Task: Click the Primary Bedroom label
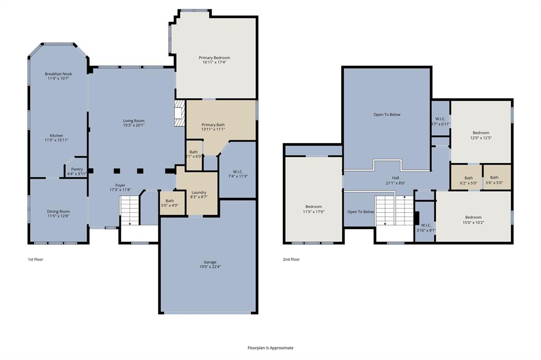(x=214, y=58)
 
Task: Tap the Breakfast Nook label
(x=58, y=74)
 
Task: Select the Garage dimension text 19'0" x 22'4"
(x=210, y=267)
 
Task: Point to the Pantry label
(x=77, y=169)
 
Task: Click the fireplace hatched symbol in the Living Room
(x=180, y=113)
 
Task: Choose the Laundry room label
(x=199, y=192)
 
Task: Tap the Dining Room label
(x=58, y=211)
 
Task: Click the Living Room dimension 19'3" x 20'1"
(x=133, y=126)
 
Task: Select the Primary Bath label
(x=213, y=125)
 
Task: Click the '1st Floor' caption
(x=36, y=259)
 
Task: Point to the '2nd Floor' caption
(x=291, y=259)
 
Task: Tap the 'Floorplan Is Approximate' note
(x=270, y=348)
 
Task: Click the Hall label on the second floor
(x=395, y=178)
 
